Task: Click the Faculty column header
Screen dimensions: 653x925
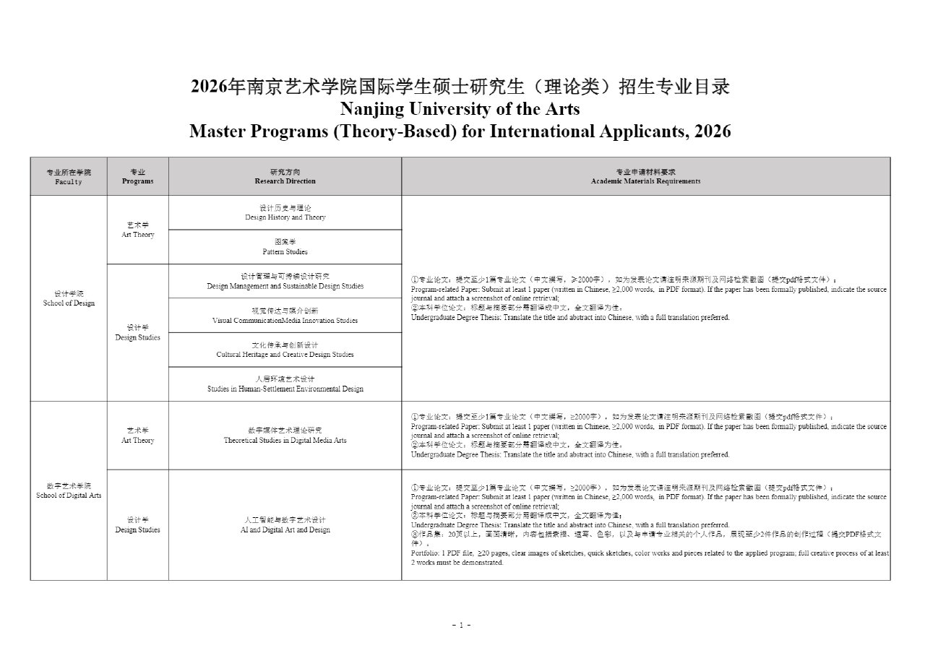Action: point(69,177)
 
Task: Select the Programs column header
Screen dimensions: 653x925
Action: point(137,177)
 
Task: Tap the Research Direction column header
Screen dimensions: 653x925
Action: point(285,177)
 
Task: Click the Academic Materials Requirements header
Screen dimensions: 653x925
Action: point(645,177)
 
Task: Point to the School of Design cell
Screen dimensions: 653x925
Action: point(69,298)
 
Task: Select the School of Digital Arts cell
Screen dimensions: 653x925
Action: point(69,490)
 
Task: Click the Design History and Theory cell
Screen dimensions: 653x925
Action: point(285,212)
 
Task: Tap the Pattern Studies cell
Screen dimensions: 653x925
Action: point(285,247)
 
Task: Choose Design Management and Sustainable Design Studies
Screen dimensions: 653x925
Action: point(285,281)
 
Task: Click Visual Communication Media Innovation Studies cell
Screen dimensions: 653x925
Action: point(285,316)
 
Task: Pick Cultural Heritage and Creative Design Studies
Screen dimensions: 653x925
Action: point(285,350)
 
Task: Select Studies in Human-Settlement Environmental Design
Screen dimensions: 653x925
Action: point(285,384)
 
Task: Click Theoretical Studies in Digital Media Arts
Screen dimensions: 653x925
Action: point(285,436)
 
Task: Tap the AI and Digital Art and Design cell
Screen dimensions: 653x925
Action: point(285,525)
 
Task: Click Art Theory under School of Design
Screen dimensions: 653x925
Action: point(137,230)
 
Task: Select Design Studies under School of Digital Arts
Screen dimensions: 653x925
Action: point(137,525)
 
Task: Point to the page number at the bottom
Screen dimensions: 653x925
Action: point(461,625)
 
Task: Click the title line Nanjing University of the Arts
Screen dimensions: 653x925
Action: point(460,109)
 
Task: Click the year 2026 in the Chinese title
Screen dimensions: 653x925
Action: point(209,87)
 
